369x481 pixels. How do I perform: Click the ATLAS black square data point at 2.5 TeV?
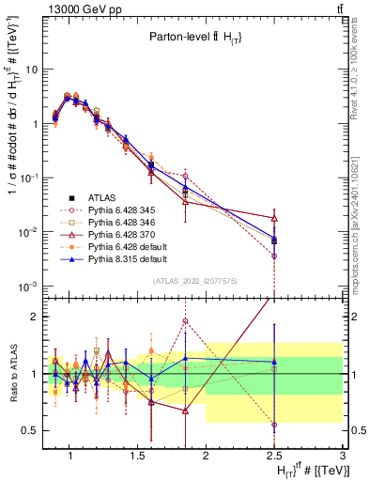pyautogui.click(x=274, y=240)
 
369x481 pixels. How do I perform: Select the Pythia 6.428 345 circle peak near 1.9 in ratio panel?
pyautogui.click(x=186, y=321)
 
